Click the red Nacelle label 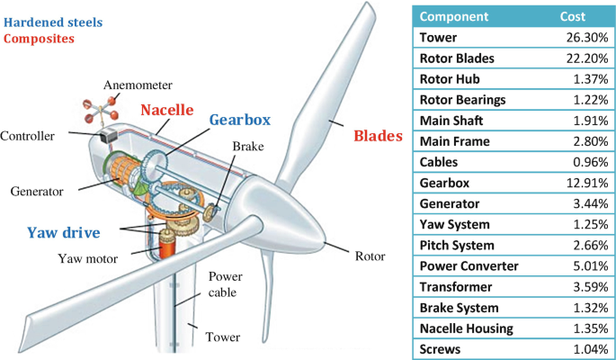[x=166, y=111]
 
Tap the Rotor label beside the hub [x=369, y=256]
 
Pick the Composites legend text [x=40, y=39]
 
